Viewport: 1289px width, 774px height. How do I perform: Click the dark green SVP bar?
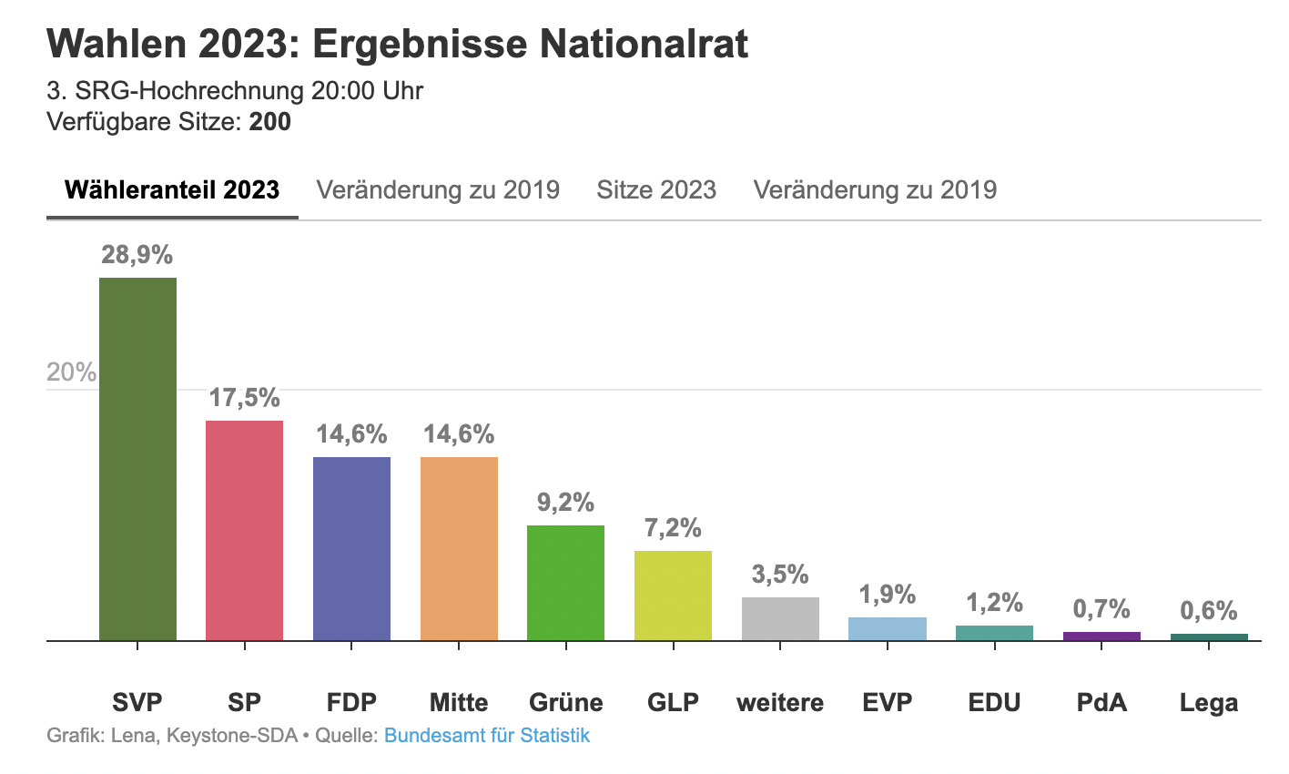coord(137,459)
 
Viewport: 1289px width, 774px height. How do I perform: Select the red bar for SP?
coord(244,530)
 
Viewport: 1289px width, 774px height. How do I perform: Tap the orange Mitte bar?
coord(459,548)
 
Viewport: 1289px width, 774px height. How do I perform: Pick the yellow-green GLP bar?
coord(673,596)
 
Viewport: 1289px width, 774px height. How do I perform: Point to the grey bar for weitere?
coord(780,619)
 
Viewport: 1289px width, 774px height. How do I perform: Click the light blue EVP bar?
coord(888,629)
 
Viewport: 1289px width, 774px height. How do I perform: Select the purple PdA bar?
coord(1101,636)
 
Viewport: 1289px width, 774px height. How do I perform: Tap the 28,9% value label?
coord(137,255)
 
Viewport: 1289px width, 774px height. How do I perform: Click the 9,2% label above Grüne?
coord(565,503)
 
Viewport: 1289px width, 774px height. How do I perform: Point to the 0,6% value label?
coord(1209,611)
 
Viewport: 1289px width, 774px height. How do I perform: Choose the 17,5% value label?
coord(244,398)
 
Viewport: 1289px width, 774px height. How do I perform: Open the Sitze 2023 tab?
coord(656,190)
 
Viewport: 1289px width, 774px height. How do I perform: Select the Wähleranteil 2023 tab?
coord(172,190)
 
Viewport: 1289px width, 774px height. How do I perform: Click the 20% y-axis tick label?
coord(71,372)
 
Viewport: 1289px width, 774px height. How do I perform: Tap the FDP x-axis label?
coord(351,703)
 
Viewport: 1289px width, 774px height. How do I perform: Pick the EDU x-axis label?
coord(994,703)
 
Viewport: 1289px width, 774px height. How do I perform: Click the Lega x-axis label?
coord(1209,703)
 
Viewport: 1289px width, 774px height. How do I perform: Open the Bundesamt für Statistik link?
coord(487,736)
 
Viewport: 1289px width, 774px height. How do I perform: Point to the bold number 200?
coord(270,122)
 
